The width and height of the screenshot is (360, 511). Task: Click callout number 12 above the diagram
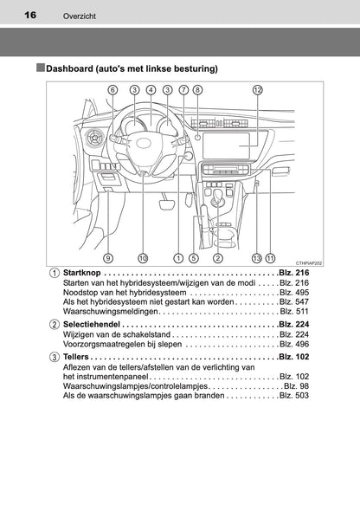coord(258,90)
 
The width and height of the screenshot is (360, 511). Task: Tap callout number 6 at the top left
coord(112,90)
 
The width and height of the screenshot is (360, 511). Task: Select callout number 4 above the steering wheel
coord(151,90)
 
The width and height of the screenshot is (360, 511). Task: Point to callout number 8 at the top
coord(197,90)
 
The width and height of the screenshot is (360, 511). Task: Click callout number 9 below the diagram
coord(108,258)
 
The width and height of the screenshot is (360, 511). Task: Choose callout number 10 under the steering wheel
coord(143,258)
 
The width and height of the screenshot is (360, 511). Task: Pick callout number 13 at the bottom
coord(257,258)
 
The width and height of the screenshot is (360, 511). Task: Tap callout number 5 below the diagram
coord(193,258)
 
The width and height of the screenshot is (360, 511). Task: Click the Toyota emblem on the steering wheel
coord(143,143)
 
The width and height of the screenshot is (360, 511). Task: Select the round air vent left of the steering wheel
coord(94,137)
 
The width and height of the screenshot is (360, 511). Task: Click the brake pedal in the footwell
coord(167,205)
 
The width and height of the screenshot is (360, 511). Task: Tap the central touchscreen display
coord(227,146)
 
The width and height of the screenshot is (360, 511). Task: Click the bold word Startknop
coord(82,273)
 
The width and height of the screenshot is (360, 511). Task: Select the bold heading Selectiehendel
coord(92,324)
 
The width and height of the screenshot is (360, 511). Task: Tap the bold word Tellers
coord(76,357)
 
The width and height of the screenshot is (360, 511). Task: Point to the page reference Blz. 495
coord(294,293)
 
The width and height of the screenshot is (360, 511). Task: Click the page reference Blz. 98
coord(297,386)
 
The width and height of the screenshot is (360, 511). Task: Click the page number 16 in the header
coord(30,15)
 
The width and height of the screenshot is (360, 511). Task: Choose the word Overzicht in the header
coord(80,16)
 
